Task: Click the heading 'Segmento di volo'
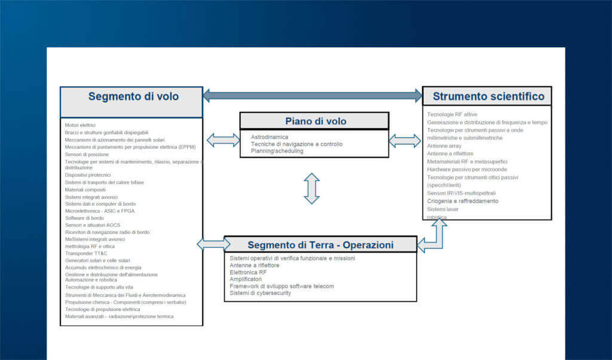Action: pyautogui.click(x=133, y=96)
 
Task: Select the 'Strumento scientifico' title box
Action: pyautogui.click(x=488, y=96)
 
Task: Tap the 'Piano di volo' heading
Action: pyautogui.click(x=315, y=121)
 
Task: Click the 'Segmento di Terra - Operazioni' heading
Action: pyautogui.click(x=320, y=245)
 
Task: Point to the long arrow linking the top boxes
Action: pyautogui.click(x=313, y=95)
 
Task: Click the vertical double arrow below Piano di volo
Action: pyautogui.click(x=312, y=188)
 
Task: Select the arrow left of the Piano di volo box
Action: pyautogui.click(x=223, y=141)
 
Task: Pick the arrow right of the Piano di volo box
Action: pyautogui.click(x=405, y=141)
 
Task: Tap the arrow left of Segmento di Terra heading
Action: pyautogui.click(x=213, y=243)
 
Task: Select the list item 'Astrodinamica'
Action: pyautogui.click(x=269, y=137)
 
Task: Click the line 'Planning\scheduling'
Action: pyautogui.click(x=277, y=151)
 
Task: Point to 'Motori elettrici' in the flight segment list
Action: pyautogui.click(x=80, y=125)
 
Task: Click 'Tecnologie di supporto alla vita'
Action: pyautogui.click(x=99, y=288)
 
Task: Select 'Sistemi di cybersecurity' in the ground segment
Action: pyautogui.click(x=260, y=293)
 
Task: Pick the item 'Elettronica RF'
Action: pyautogui.click(x=248, y=272)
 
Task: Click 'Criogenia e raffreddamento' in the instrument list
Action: pyautogui.click(x=463, y=202)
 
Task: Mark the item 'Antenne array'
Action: pyautogui.click(x=445, y=145)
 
